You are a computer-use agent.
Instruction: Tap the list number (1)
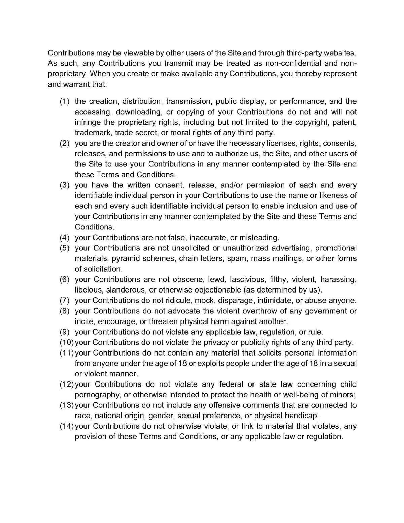coord(65,101)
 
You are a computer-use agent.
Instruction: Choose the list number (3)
coord(65,185)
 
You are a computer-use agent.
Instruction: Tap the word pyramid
coord(126,258)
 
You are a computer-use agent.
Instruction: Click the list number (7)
coord(65,300)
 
